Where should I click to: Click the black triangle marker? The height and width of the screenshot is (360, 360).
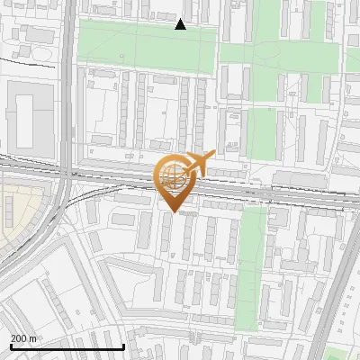pyautogui.click(x=181, y=24)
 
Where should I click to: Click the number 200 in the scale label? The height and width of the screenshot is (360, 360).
pyautogui.click(x=18, y=338)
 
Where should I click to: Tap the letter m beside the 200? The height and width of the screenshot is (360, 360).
pyautogui.click(x=32, y=338)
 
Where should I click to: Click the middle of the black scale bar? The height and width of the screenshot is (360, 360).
pyautogui.click(x=67, y=347)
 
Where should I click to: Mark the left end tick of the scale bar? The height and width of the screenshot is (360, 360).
pyautogui.click(x=10, y=346)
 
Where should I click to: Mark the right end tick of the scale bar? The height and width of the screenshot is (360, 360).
pyautogui.click(x=123, y=346)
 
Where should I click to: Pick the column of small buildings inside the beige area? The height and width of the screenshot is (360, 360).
pyautogui.click(x=10, y=211)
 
